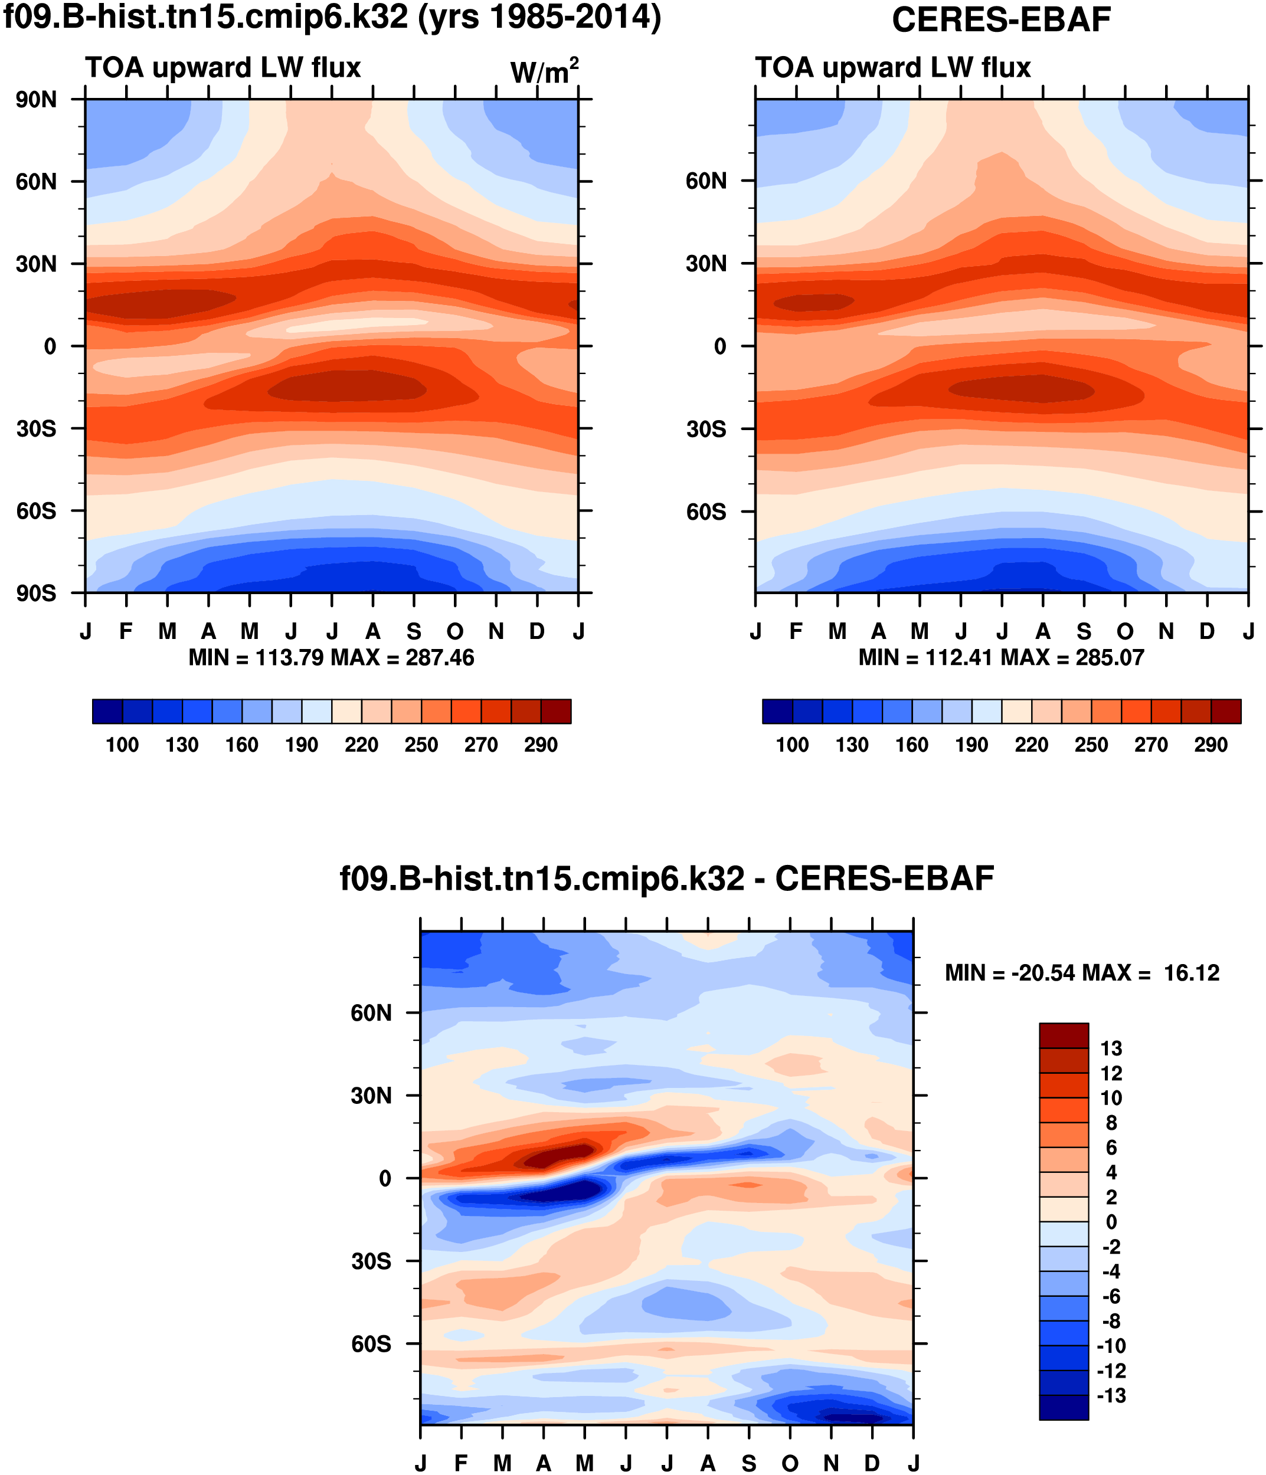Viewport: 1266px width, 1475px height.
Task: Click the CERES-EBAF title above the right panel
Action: (1000, 20)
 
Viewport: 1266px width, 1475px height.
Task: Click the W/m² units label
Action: (544, 71)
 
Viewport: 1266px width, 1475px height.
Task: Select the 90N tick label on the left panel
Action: (37, 100)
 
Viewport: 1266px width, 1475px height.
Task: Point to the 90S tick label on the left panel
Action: (37, 593)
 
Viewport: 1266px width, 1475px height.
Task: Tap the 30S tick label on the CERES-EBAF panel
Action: (706, 430)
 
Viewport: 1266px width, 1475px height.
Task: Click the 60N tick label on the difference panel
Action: (371, 1013)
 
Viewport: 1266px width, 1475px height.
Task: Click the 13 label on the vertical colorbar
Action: (1111, 1048)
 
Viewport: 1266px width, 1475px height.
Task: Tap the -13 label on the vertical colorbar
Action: (1111, 1395)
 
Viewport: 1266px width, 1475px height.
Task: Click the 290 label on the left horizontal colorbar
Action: (541, 745)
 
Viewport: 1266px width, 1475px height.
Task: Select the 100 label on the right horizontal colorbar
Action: (792, 745)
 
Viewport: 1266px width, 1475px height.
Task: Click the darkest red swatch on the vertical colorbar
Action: (1064, 1036)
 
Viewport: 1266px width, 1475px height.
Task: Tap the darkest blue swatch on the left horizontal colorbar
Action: (107, 711)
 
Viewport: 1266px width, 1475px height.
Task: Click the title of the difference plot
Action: (666, 879)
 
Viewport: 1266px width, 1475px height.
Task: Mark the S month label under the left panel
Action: (414, 631)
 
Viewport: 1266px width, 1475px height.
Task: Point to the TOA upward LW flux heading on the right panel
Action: (893, 68)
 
